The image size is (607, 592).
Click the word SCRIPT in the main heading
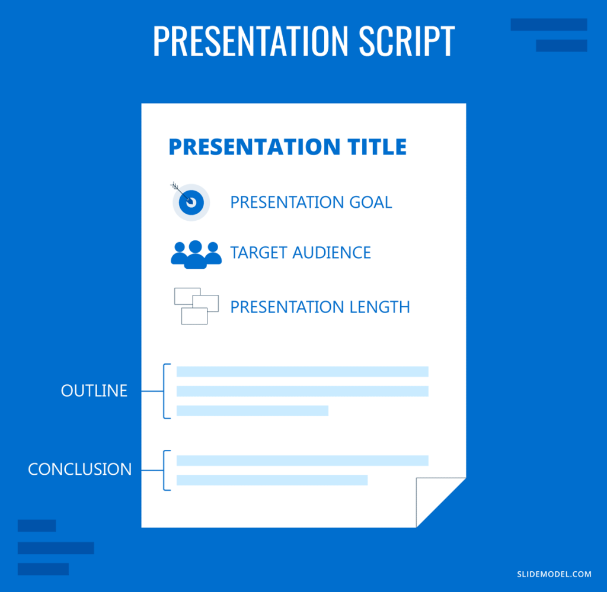[x=407, y=41]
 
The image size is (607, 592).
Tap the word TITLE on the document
[x=376, y=147]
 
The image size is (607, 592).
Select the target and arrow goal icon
[x=190, y=201]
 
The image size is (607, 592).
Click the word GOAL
[x=370, y=202]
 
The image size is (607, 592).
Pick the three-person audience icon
[x=196, y=254]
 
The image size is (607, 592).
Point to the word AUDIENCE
[x=331, y=253]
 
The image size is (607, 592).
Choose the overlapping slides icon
[x=196, y=306]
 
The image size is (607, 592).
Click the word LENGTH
[x=379, y=307]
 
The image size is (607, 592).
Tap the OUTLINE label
[x=94, y=391]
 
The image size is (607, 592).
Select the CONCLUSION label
[x=80, y=469]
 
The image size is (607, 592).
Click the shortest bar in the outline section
[x=253, y=411]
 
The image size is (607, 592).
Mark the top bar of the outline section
[x=302, y=372]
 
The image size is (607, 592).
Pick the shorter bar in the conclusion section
[x=271, y=480]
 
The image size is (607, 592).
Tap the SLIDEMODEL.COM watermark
[x=554, y=574]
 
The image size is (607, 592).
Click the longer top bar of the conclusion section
[x=302, y=461]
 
